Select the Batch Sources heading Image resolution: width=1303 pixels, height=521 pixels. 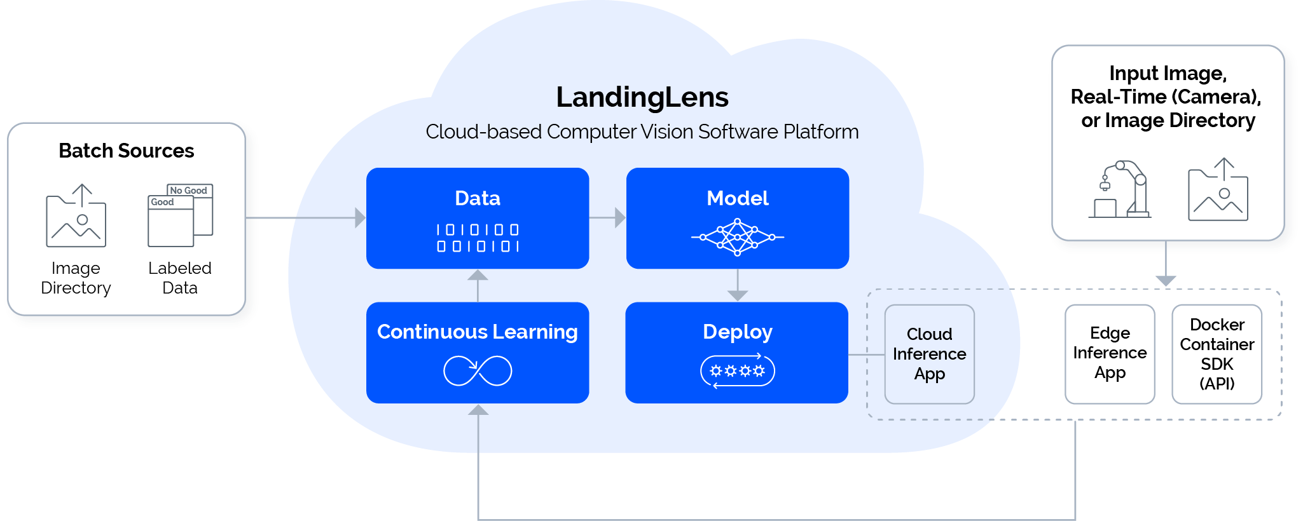[x=127, y=151]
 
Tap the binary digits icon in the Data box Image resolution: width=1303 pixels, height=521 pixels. [x=478, y=238]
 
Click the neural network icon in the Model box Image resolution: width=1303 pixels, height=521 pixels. [x=738, y=237]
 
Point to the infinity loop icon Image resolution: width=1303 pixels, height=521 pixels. [x=478, y=371]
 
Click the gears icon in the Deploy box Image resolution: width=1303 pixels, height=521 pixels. [x=738, y=371]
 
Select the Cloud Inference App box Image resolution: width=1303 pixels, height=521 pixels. [x=930, y=354]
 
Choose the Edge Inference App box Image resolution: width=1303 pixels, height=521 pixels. [x=1110, y=354]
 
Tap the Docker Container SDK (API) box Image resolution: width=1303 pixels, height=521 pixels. [x=1217, y=354]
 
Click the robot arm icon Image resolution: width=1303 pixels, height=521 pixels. [x=1120, y=189]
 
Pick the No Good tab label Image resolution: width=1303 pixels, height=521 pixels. [x=189, y=191]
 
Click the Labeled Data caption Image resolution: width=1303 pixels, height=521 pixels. [x=180, y=278]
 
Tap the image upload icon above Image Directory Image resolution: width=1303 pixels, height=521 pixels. [x=76, y=215]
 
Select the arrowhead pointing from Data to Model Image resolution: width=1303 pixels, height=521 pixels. [x=620, y=218]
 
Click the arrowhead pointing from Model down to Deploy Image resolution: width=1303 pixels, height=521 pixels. [x=738, y=295]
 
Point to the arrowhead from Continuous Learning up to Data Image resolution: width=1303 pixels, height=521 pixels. [x=478, y=275]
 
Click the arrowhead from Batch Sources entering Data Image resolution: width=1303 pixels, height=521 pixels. [x=360, y=218]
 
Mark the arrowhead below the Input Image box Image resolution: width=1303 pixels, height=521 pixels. [x=1166, y=281]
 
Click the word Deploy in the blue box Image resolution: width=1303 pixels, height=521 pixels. [x=738, y=332]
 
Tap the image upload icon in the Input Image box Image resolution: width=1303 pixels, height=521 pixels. [x=1218, y=189]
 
